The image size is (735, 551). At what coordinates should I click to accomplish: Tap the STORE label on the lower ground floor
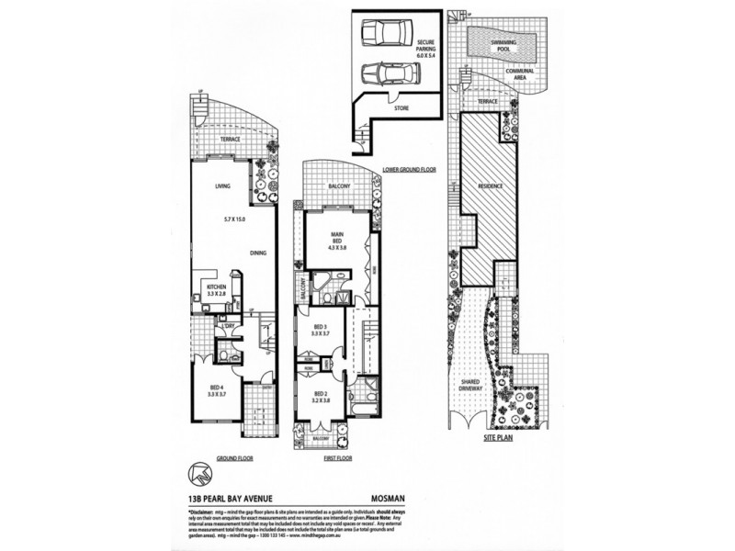pos(401,107)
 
